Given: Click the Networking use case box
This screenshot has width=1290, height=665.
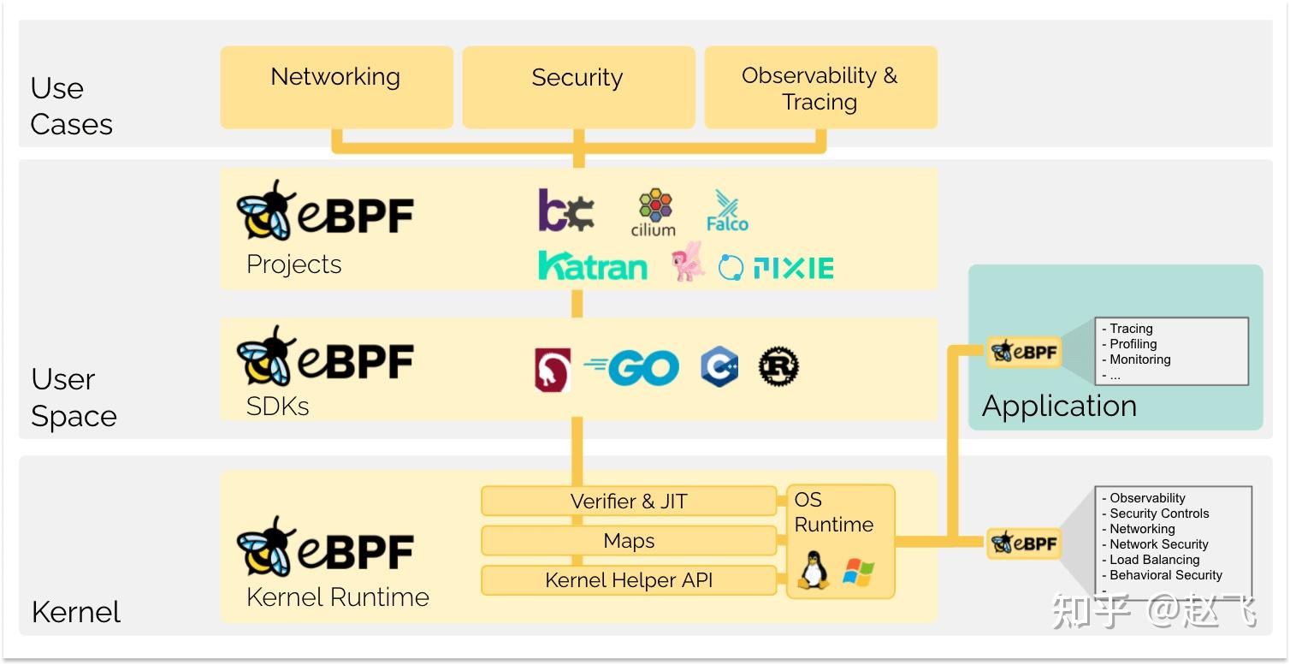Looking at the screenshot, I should coord(336,86).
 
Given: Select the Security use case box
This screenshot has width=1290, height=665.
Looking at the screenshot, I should coord(577,86).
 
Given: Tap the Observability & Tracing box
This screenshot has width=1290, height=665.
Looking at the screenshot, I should coord(820,87).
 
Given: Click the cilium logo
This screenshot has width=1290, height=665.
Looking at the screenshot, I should coord(654,214).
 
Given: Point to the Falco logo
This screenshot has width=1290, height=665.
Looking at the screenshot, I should coord(727,211).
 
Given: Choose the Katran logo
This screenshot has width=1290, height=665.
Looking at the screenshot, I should coord(592,266).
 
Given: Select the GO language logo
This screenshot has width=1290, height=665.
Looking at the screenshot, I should coord(631,369).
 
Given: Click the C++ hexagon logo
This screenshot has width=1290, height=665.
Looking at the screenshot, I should coord(719,368).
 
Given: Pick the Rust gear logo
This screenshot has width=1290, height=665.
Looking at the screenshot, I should coord(778,368).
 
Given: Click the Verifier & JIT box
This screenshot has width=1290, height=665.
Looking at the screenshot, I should coord(629,502).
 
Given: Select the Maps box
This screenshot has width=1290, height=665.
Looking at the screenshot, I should coord(629,541).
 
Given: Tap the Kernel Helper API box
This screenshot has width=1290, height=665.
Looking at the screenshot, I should coord(629,580).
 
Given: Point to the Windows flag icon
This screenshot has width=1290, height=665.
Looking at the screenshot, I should coord(858,572).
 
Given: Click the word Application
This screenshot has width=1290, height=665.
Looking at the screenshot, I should coord(1059,406).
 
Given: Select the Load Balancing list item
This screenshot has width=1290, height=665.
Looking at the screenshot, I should coord(1154,560).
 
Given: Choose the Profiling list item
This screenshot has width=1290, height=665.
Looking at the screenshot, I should coord(1133,344).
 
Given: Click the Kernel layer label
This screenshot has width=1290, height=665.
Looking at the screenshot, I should coord(76,612).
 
